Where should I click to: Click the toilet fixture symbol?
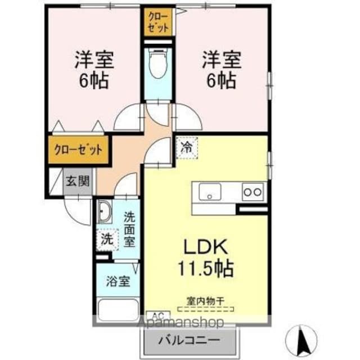point(158,63)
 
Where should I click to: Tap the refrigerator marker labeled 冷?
point(187,148)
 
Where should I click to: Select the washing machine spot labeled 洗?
point(107,240)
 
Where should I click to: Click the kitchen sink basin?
point(210,192)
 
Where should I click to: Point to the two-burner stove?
point(253,192)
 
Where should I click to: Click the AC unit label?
point(158,314)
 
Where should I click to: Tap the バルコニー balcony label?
point(190,340)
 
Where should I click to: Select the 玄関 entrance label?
point(78,181)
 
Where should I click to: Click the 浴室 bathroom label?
point(118,281)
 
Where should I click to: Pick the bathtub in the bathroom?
point(118,310)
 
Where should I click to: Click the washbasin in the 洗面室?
point(105,211)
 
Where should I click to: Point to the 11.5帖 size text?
point(206,268)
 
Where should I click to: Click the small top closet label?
point(158,22)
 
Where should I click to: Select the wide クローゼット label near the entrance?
point(78,150)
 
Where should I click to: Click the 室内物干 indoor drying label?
point(205,301)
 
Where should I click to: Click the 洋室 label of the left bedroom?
point(94,60)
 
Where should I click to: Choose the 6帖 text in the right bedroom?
point(222,81)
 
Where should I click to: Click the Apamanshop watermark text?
point(180,322)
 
